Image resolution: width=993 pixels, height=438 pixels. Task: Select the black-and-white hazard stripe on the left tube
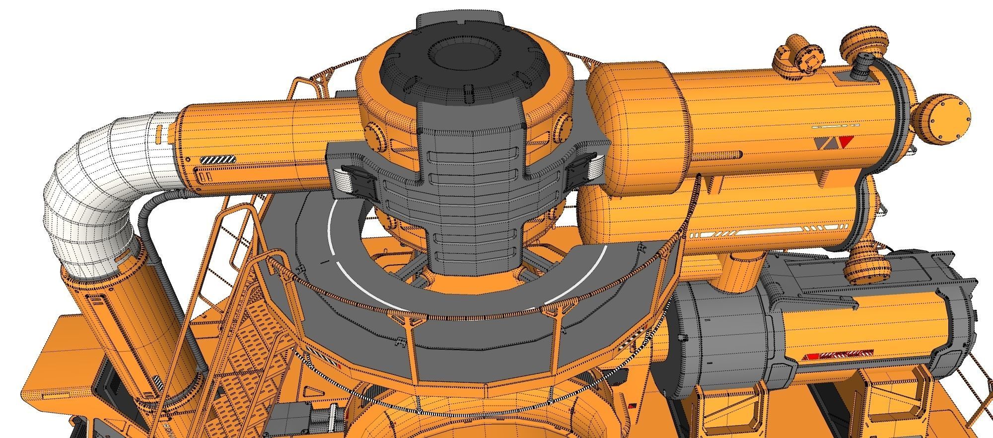218,160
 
